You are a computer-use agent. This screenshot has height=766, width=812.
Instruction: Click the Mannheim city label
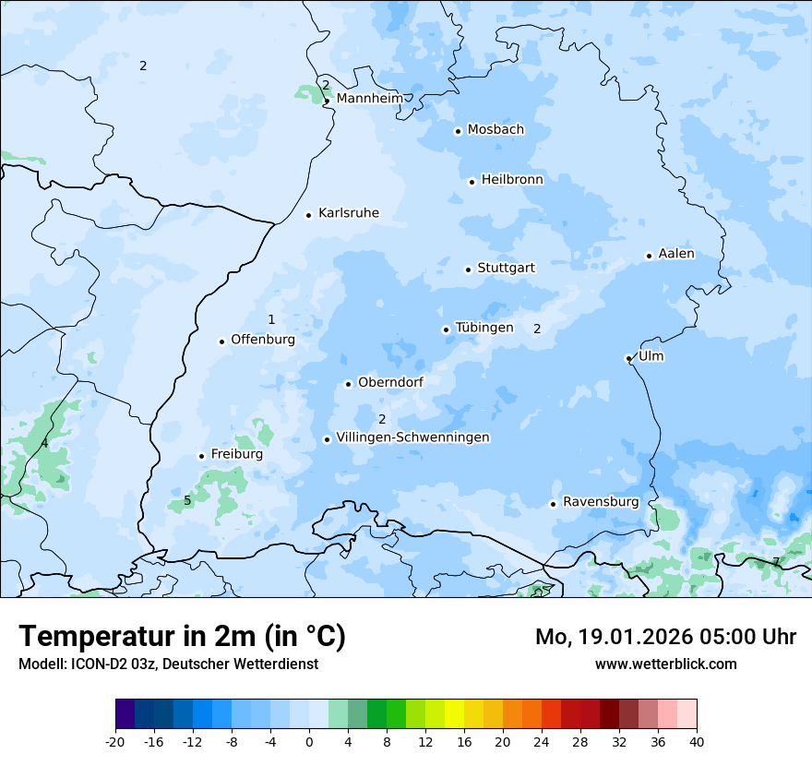coord(370,98)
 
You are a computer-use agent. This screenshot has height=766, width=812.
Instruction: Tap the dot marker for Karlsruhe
coord(309,215)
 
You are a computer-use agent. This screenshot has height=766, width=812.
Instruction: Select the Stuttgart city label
coord(506,268)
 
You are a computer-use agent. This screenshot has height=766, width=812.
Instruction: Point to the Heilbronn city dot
coord(472,182)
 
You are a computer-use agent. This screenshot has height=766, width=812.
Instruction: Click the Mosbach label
coord(496,129)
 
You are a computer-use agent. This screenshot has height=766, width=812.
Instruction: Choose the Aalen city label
coord(676,254)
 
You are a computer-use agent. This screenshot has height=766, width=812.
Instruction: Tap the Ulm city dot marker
coord(628,358)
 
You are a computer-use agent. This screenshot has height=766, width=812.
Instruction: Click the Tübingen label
coord(484,328)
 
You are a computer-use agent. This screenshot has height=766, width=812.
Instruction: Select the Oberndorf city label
coord(390,382)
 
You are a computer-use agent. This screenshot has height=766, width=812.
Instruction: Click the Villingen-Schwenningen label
coord(412,437)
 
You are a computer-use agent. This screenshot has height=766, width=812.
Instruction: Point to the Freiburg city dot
coord(201,456)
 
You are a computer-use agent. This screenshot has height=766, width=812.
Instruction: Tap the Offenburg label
coord(263,340)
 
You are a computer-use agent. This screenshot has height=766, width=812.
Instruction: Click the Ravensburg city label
coord(601,502)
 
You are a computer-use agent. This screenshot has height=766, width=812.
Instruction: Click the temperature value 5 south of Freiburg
coord(187,501)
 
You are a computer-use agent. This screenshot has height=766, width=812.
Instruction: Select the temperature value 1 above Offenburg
coord(271,319)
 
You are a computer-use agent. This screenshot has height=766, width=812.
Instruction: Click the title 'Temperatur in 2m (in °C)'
coord(182,636)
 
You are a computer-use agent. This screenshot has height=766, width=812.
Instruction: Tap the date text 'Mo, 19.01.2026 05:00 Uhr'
coord(665,637)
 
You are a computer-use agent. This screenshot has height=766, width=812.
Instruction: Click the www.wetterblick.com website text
coord(665,664)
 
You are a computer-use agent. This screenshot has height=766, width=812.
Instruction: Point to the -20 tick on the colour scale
coord(115,741)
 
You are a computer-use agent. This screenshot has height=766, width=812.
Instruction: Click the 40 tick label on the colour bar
coord(697,741)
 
